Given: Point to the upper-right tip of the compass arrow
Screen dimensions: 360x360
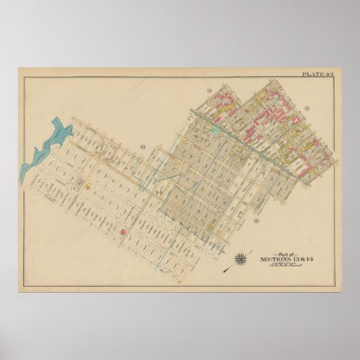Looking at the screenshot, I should point(252,250).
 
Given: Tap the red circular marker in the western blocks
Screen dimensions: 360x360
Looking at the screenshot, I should point(124,232).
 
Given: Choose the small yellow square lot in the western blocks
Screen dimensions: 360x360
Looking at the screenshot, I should point(86,183).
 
